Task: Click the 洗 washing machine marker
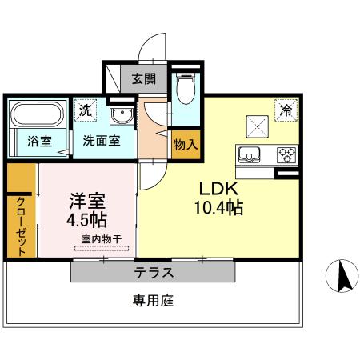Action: [x=85, y=110]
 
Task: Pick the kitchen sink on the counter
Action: [x=248, y=154]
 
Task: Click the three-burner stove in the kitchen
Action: [x=286, y=154]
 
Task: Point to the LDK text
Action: [x=217, y=190]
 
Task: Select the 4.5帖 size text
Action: [x=87, y=218]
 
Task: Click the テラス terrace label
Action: [x=153, y=272]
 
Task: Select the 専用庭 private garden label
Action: [x=153, y=302]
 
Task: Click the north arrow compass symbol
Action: [x=342, y=277]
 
